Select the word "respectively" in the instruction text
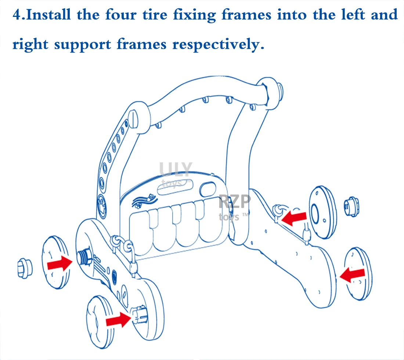tap(218, 44)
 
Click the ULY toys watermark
tap(176, 173)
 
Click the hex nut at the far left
tap(25, 267)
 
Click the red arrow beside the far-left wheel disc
tap(60, 263)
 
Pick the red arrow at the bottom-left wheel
tap(118, 321)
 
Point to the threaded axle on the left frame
tap(85, 256)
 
